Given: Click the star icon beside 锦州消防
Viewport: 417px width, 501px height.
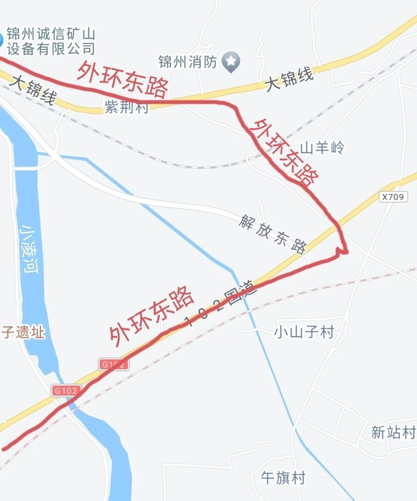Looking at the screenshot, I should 231,61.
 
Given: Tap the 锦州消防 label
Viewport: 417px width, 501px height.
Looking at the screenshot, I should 188,61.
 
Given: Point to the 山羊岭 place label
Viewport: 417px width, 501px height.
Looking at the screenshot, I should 322,148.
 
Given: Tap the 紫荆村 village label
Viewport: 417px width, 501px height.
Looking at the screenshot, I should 127,107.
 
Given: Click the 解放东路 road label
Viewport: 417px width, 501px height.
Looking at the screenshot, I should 272,234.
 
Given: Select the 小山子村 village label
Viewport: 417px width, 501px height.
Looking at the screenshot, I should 305,332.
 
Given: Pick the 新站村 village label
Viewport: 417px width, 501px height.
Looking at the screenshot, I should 393,432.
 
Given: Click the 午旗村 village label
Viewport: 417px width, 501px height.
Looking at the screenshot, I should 283,478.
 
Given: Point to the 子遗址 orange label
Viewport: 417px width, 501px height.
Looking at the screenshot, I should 23,333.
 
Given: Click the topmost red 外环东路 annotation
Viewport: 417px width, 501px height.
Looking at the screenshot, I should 123,79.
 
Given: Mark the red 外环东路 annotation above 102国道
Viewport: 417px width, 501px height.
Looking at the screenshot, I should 152,316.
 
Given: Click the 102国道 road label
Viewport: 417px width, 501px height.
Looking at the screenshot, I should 221,305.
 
